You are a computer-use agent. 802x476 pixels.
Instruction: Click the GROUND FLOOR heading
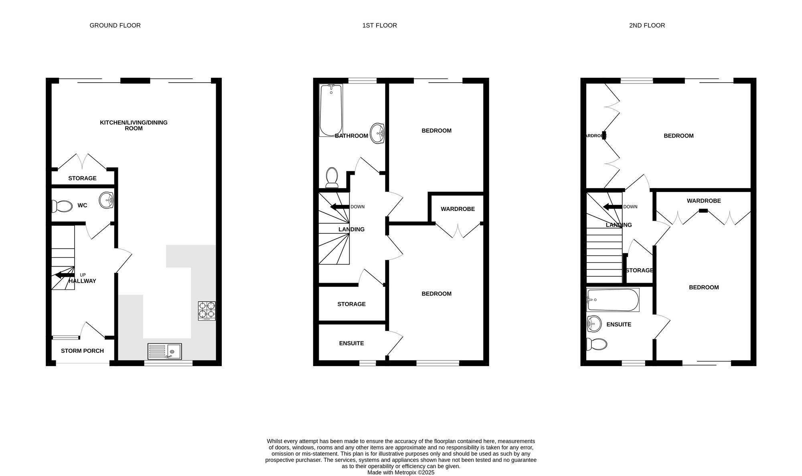(x=115, y=25)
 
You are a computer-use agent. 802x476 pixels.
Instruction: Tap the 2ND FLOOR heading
(x=647, y=25)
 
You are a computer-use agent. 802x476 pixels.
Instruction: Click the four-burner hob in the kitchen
(x=207, y=311)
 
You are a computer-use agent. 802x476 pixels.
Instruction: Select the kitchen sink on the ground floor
(x=164, y=351)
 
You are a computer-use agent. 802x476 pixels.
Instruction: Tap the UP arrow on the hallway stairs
(x=65, y=275)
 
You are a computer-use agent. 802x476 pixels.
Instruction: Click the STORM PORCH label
(x=82, y=351)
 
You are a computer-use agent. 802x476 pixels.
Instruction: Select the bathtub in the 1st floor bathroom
(x=331, y=110)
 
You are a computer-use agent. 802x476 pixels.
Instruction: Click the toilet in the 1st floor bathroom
(x=332, y=178)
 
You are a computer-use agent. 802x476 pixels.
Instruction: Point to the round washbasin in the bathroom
(x=377, y=133)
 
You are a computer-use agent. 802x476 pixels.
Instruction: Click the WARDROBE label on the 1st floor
(x=458, y=209)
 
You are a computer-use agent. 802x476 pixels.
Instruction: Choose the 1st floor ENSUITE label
(x=352, y=343)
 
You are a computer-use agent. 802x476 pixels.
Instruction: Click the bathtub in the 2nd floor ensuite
(x=613, y=300)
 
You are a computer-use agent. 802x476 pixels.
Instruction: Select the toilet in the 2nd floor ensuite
(x=597, y=344)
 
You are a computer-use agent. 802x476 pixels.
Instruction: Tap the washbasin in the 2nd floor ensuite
(x=594, y=324)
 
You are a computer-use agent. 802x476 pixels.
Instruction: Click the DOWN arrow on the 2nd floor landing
(x=613, y=207)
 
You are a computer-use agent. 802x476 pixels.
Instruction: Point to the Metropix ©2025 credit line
(x=401, y=472)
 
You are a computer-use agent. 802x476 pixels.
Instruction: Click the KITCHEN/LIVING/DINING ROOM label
(x=134, y=126)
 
